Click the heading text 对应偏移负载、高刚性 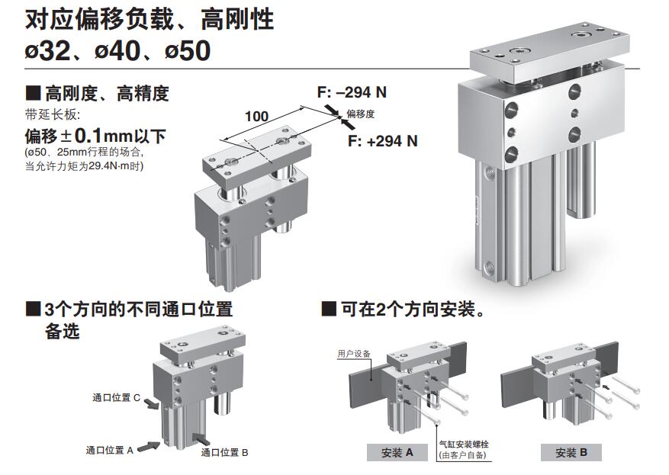pyautogui.click(x=149, y=19)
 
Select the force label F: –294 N pyautogui.click(x=352, y=92)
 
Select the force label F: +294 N pyautogui.click(x=383, y=141)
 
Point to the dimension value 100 pyautogui.click(x=256, y=116)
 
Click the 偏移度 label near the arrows pyautogui.click(x=362, y=114)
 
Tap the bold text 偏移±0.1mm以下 pyautogui.click(x=95, y=136)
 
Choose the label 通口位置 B pyautogui.click(x=225, y=452)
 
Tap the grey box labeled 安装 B pyautogui.click(x=571, y=452)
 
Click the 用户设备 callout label pyautogui.click(x=354, y=354)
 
